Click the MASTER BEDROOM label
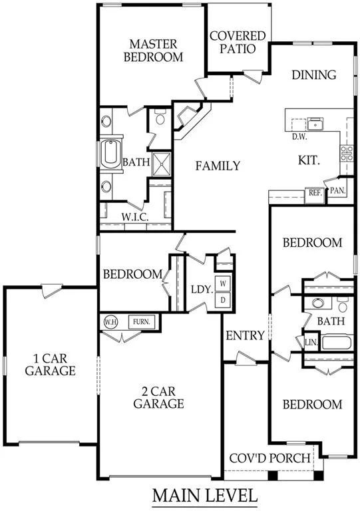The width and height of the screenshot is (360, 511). tap(153, 51)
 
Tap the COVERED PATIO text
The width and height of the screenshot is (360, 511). tap(238, 42)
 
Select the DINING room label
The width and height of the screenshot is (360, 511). tap(313, 75)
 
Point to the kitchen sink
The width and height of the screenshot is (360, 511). tap(315, 124)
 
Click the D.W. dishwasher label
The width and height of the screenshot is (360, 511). tap(299, 137)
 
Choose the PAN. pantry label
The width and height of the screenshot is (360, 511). tap(337, 191)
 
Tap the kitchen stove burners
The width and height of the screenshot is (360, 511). tap(347, 154)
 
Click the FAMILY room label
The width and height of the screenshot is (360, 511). tap(218, 166)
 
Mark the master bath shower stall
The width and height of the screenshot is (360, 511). tap(161, 164)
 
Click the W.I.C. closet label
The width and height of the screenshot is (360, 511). tap(135, 217)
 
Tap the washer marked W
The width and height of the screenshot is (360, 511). tap(223, 283)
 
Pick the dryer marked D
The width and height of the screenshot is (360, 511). tap(223, 300)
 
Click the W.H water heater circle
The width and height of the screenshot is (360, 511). tap(110, 322)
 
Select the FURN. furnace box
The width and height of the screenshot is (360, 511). tap(141, 322)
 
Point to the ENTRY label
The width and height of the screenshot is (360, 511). tap(245, 335)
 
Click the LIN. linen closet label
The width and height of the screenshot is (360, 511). tap(311, 343)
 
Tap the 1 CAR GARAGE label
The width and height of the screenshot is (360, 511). tap(50, 365)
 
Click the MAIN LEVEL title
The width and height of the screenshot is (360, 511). tap(205, 495)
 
